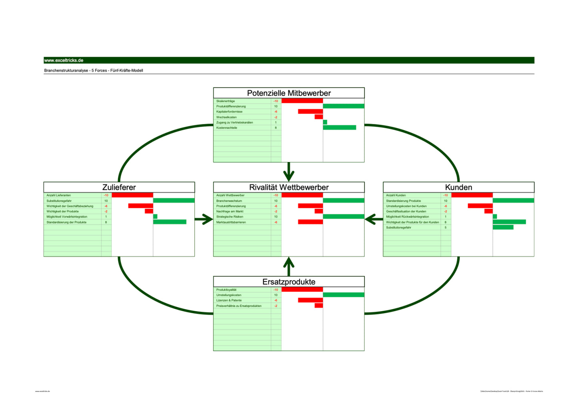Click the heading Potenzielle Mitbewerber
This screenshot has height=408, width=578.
[x=289, y=93]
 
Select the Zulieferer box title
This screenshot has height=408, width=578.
[x=119, y=187]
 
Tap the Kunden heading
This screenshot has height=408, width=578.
[x=458, y=187]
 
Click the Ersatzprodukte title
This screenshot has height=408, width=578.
[x=289, y=282]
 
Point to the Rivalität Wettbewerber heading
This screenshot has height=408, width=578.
[x=289, y=187]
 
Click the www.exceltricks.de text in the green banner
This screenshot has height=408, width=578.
[x=64, y=60]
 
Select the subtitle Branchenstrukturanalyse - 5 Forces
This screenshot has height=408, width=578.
[x=93, y=70]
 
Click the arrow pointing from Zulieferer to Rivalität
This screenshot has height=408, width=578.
[x=204, y=219]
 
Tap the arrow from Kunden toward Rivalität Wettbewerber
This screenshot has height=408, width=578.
[x=374, y=219]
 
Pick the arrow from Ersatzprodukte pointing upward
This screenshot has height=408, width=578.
[x=289, y=266]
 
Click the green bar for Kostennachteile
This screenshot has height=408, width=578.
[x=339, y=128]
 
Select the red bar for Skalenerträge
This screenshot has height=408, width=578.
[x=302, y=101]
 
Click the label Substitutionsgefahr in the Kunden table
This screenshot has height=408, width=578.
[x=398, y=228]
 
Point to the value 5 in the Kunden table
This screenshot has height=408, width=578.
[x=445, y=228]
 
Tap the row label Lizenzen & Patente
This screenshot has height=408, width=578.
[x=229, y=300]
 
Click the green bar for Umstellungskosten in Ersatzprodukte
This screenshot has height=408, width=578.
[x=343, y=295]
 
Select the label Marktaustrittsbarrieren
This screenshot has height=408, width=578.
[x=231, y=222]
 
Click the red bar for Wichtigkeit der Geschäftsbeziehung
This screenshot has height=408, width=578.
[x=140, y=206]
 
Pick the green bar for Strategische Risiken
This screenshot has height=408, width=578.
[x=343, y=216]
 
